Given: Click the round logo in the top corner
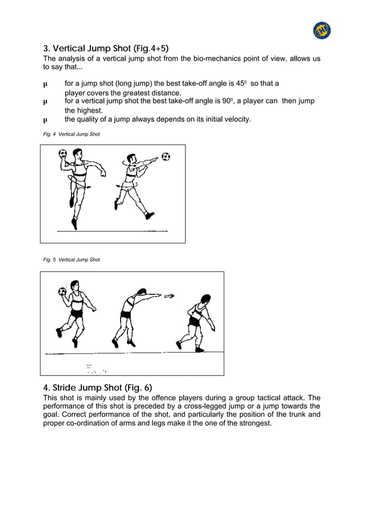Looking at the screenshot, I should tap(322, 30).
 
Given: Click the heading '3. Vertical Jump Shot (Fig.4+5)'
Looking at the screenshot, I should tap(106, 48).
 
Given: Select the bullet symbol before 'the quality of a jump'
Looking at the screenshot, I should tap(46, 120).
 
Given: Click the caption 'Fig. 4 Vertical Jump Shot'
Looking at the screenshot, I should tap(72, 134).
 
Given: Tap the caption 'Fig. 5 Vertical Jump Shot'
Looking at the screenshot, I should tap(72, 260).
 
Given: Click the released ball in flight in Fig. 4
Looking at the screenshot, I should tap(165, 156).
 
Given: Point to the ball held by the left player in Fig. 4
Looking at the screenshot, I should tap(63, 153).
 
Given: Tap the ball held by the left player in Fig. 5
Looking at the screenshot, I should tap(62, 292).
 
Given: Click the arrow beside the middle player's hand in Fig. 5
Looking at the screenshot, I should tap(169, 296).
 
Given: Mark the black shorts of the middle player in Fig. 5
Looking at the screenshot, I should tap(126, 314).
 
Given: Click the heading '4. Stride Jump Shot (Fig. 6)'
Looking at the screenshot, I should tap(98, 387).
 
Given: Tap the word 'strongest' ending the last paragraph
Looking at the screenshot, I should tap(253, 423).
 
